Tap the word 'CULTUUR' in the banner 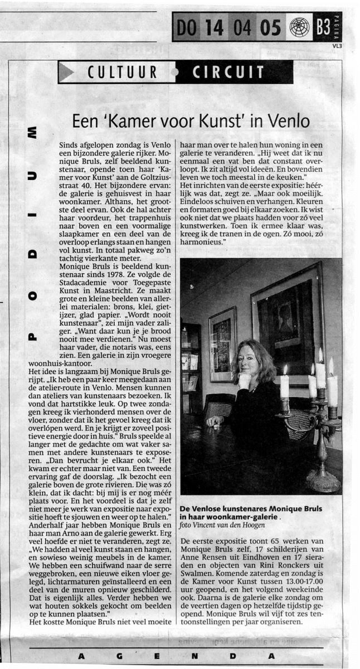[123, 72]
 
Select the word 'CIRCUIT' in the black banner [228, 72]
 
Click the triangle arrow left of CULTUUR [69, 72]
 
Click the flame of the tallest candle [320, 356]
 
